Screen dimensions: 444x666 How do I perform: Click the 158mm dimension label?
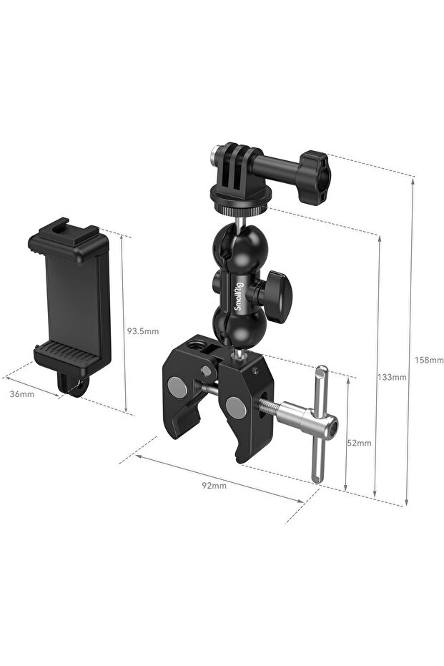pos(429,361)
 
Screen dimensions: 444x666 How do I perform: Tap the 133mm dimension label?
pos(392,377)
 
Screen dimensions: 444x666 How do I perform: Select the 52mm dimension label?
pos(359,443)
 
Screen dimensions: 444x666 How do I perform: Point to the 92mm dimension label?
pos(214,486)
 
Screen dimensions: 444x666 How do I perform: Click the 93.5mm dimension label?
pos(142,330)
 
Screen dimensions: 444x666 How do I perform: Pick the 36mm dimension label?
pos(22,394)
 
